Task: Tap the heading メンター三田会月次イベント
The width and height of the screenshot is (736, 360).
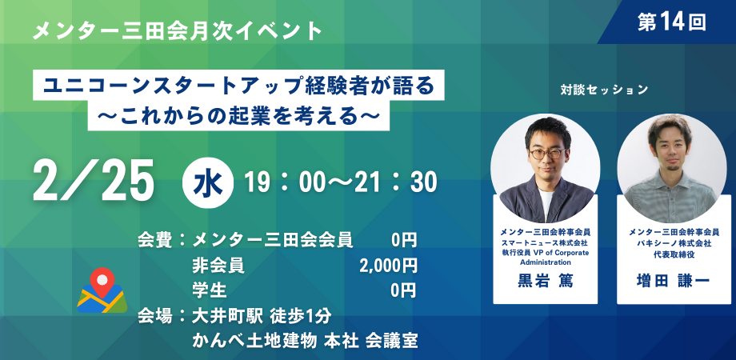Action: coord(178,32)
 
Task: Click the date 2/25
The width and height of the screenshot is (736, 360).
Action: coord(94,180)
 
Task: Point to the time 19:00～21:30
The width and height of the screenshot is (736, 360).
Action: coord(342,182)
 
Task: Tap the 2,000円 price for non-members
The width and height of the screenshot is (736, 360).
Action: coord(388,266)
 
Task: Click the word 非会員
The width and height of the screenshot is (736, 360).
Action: coord(218,266)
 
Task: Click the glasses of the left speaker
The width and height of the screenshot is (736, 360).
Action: coord(547,154)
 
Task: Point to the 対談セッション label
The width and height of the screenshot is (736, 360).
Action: coord(604,90)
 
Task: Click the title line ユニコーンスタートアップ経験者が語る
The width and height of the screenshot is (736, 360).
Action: coord(239,86)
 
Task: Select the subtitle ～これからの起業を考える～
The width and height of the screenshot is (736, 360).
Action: coord(238,115)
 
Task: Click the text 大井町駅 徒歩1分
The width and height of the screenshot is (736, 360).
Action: coord(262,316)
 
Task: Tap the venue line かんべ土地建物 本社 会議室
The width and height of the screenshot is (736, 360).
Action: coord(305,341)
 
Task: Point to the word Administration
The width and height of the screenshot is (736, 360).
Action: coord(545,262)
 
